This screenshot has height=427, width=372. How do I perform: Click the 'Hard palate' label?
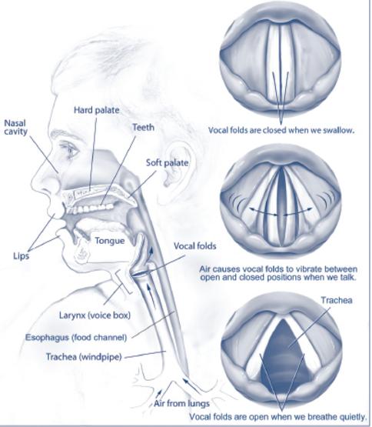coord(97,110)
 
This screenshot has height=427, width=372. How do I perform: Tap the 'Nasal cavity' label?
coord(16,127)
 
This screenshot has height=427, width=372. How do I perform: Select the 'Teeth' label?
coord(144,127)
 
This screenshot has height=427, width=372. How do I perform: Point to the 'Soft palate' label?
coord(168,163)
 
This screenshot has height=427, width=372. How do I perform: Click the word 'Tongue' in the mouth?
coord(110,241)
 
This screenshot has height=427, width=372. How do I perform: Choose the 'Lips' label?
coord(21,256)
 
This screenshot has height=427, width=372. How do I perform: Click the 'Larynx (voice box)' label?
coord(95,315)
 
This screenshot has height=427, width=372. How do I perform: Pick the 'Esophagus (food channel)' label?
coord(76,338)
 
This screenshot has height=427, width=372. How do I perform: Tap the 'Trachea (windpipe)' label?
coord(84,356)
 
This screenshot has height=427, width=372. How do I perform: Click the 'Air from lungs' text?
coord(181,403)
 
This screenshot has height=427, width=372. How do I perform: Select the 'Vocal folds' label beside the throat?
coord(195,246)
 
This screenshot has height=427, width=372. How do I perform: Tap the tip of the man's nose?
coord(35,181)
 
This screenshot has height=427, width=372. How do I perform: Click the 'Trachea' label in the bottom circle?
coord(337,300)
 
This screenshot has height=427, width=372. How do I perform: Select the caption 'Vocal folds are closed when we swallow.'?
coord(281,130)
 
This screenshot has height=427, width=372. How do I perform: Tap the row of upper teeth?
coord(90,208)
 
